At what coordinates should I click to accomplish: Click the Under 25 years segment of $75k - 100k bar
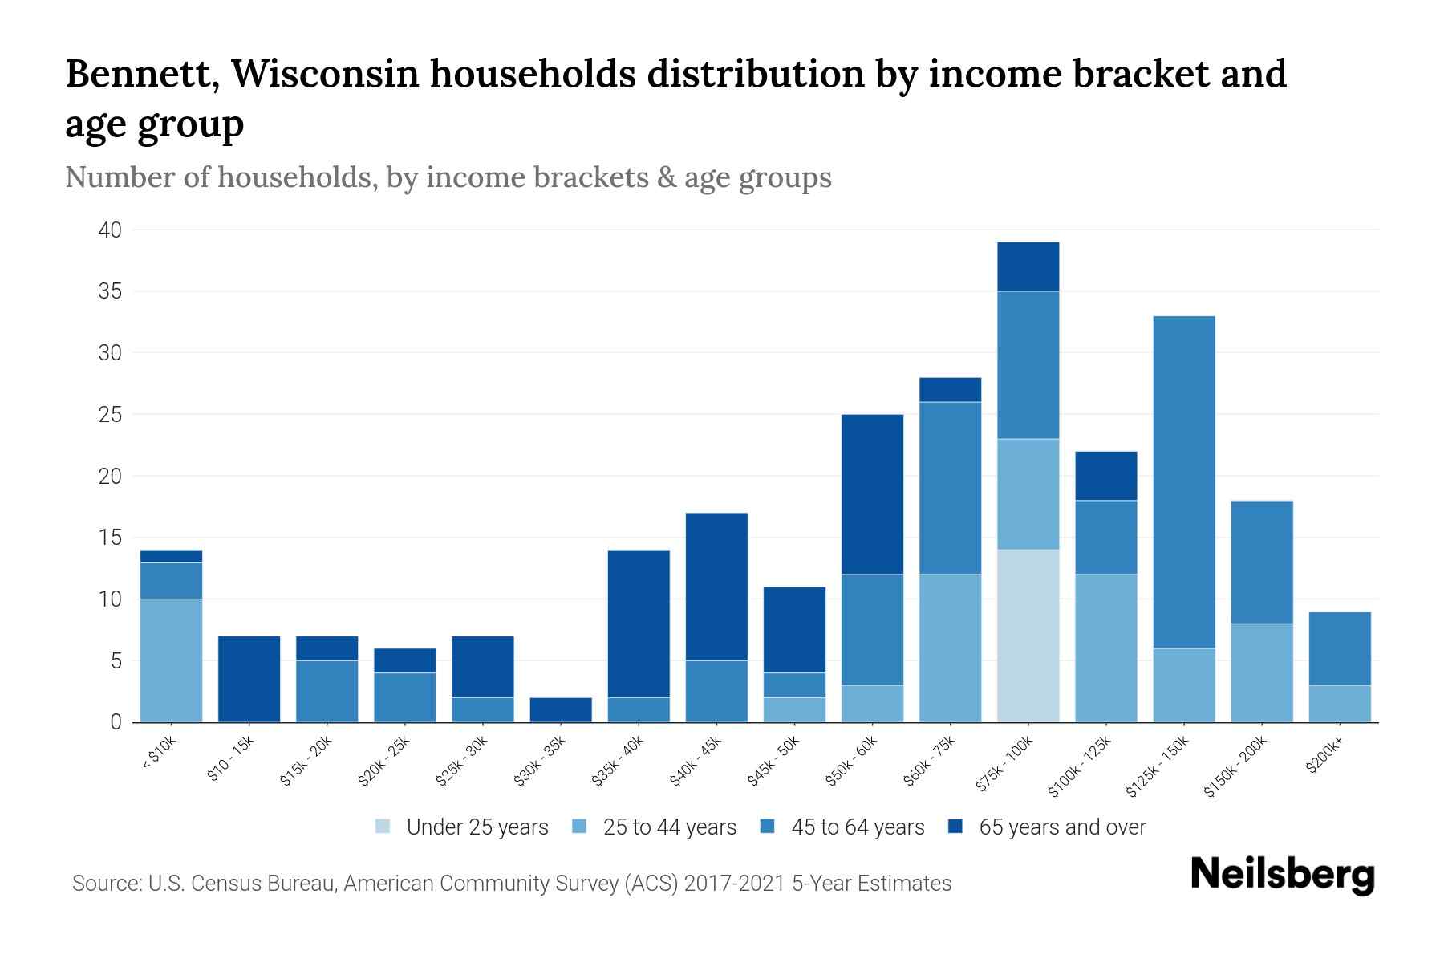coord(1028,636)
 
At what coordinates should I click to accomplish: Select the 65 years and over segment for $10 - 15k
coord(249,679)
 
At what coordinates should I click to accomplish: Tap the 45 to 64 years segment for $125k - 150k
coord(1183,481)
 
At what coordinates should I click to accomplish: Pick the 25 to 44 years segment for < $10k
coord(171,660)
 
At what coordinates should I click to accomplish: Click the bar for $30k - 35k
coord(561,709)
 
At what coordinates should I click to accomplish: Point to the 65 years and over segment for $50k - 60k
coord(872,494)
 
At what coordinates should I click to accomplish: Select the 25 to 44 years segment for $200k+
coord(1339,704)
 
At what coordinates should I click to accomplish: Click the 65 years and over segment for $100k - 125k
coord(1105,476)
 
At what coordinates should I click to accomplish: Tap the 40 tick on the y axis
coord(110,230)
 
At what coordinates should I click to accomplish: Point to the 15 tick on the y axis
coord(110,538)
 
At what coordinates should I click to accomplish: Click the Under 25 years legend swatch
coord(383,826)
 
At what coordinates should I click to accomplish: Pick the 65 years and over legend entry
coord(1061,827)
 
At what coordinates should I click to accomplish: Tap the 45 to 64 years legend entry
coord(858,827)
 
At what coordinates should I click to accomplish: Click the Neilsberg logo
coord(1283,875)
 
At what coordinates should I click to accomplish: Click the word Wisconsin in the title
coord(326,74)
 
